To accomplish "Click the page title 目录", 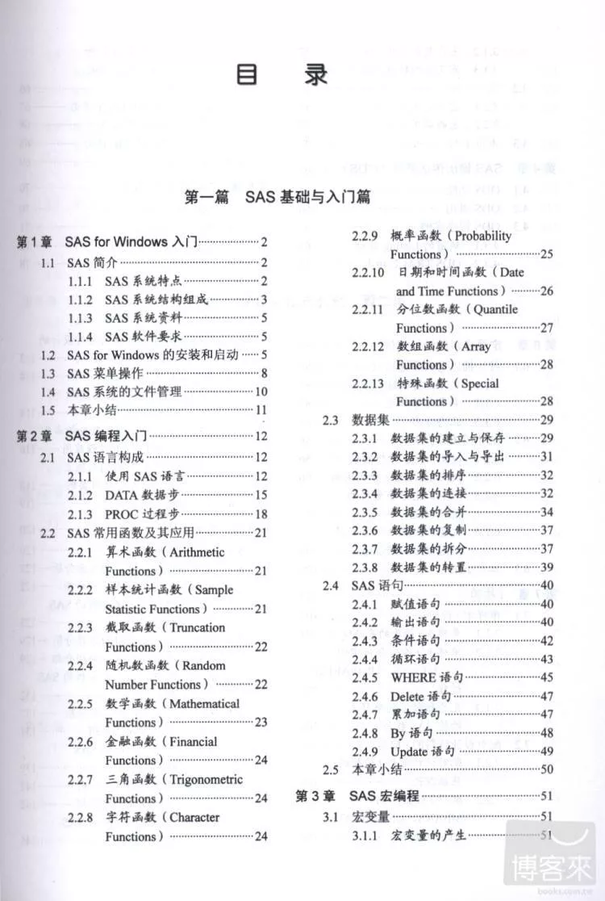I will (282, 75).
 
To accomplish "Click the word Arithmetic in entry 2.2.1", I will (196, 552).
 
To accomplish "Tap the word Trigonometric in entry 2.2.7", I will (206, 779).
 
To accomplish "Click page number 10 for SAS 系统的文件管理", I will (261, 392).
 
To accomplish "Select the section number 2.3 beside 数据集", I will (330, 420).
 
